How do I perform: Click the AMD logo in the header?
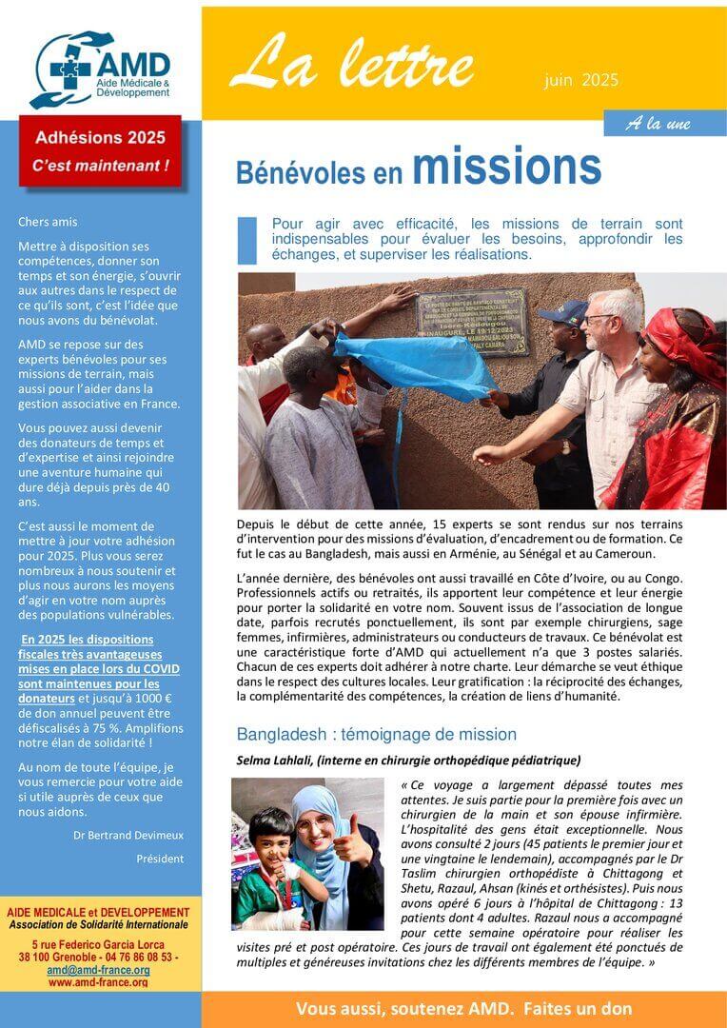(99, 69)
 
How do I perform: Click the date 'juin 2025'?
(581, 80)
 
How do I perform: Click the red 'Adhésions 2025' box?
(100, 150)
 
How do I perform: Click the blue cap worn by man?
(564, 311)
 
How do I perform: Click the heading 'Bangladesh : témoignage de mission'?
(376, 734)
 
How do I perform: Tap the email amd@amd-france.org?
(99, 970)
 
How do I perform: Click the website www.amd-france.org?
(99, 982)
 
